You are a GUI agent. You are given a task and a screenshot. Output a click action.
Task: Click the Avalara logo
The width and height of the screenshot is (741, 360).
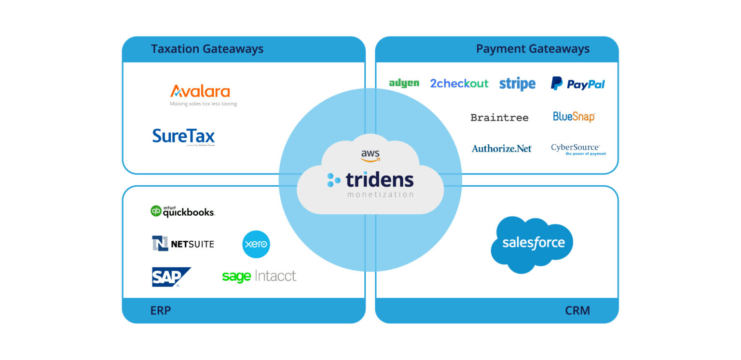(x=200, y=92)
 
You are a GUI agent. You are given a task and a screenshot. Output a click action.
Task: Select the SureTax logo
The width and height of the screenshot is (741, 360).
(x=183, y=136)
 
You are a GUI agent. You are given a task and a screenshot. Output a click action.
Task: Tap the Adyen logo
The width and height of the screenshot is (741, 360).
(x=404, y=83)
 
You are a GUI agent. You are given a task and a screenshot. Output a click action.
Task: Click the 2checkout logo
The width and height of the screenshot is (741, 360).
(x=459, y=83)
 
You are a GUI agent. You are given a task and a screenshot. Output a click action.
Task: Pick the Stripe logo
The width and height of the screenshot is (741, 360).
(x=517, y=84)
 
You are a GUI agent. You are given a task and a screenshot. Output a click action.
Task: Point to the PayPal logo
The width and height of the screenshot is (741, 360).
(x=578, y=84)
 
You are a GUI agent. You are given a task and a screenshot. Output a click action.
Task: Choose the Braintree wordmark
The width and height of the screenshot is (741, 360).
(x=499, y=117)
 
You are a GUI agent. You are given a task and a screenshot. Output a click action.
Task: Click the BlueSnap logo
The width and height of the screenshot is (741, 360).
(x=574, y=117)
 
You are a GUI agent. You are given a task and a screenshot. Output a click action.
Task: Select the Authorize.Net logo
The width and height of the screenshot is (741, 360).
(x=502, y=149)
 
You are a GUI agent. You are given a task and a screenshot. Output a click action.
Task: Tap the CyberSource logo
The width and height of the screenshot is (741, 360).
(x=577, y=149)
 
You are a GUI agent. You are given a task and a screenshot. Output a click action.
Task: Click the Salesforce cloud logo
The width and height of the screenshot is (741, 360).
(x=532, y=244)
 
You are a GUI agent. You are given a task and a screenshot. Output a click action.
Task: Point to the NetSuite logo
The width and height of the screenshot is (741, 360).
(x=183, y=244)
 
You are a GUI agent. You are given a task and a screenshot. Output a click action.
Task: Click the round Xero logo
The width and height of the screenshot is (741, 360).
(x=256, y=244)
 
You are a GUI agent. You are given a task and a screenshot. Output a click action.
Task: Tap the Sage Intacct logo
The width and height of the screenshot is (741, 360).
(x=259, y=277)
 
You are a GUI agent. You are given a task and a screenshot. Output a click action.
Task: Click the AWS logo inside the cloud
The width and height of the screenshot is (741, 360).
(x=370, y=156)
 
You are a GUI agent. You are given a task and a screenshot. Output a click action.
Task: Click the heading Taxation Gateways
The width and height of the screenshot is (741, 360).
(x=207, y=49)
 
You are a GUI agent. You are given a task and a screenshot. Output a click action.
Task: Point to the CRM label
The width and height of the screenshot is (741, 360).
(x=577, y=310)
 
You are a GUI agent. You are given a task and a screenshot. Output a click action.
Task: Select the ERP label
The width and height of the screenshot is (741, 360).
(x=160, y=310)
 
